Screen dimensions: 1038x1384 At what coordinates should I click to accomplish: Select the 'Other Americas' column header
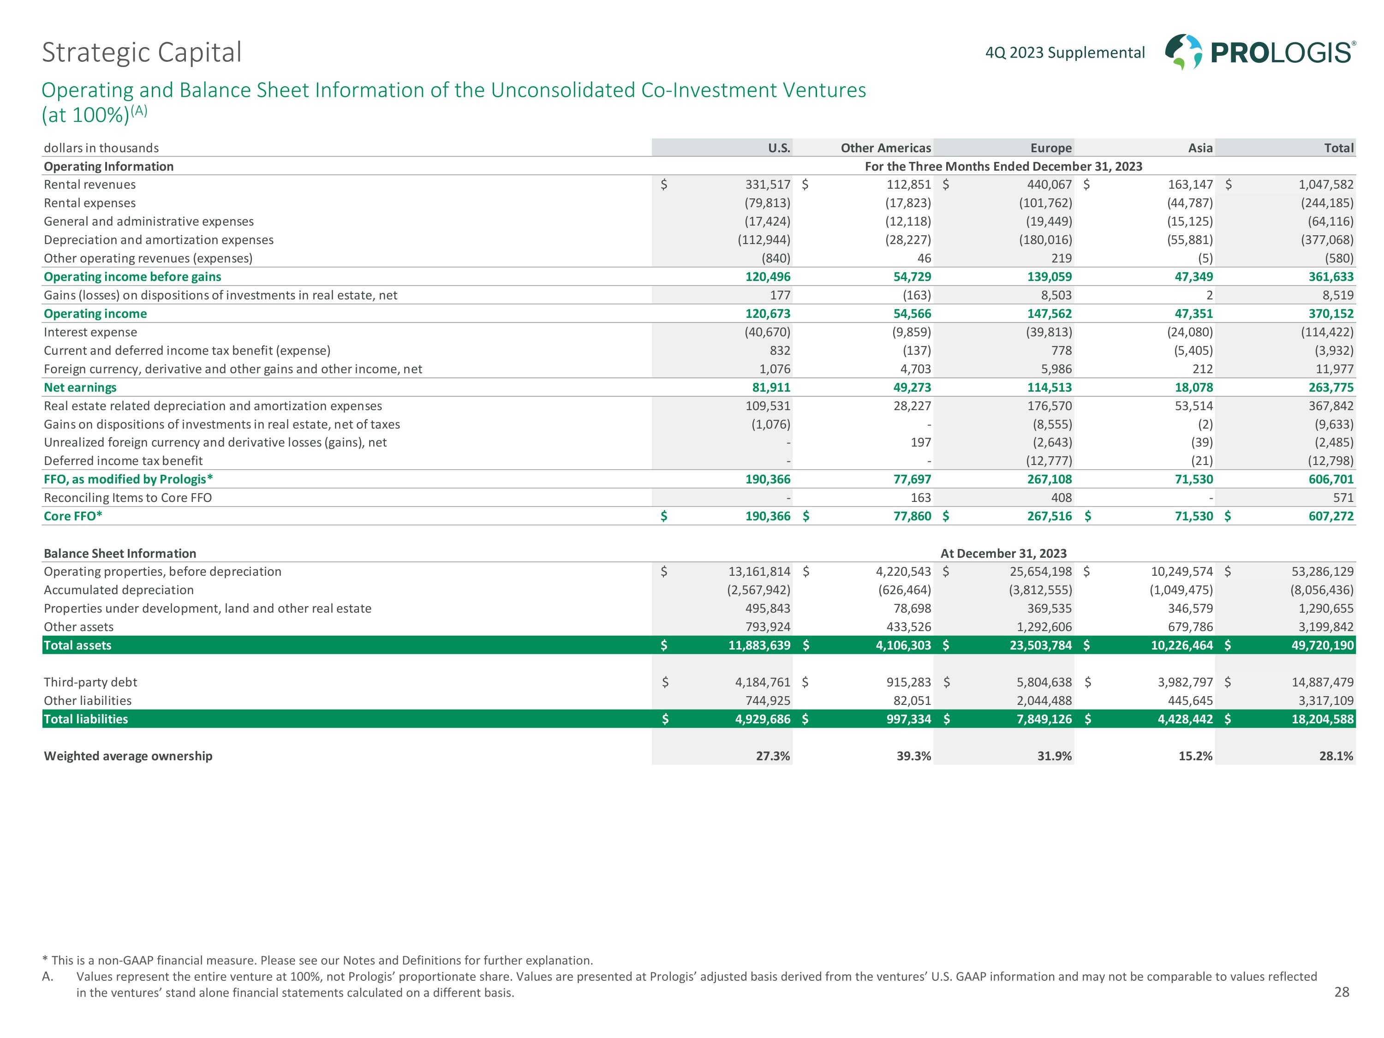885,148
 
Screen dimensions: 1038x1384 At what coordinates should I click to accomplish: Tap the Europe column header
1050,148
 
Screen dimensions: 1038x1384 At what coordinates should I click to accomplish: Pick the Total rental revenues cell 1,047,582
1326,185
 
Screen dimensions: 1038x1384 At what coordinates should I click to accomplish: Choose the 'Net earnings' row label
80,388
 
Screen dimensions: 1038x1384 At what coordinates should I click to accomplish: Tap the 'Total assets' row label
78,645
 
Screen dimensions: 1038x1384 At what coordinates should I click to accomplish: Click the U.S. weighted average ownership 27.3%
773,756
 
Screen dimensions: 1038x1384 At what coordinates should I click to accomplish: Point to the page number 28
1342,992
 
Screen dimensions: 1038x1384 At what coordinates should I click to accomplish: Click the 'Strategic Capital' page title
142,53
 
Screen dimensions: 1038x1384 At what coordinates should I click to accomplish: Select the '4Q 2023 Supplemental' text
1065,53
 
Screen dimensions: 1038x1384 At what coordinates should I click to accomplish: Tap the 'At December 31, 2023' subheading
1003,553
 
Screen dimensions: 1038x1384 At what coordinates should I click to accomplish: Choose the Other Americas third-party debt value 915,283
908,682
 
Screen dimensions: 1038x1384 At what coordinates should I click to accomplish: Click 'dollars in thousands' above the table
101,148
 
